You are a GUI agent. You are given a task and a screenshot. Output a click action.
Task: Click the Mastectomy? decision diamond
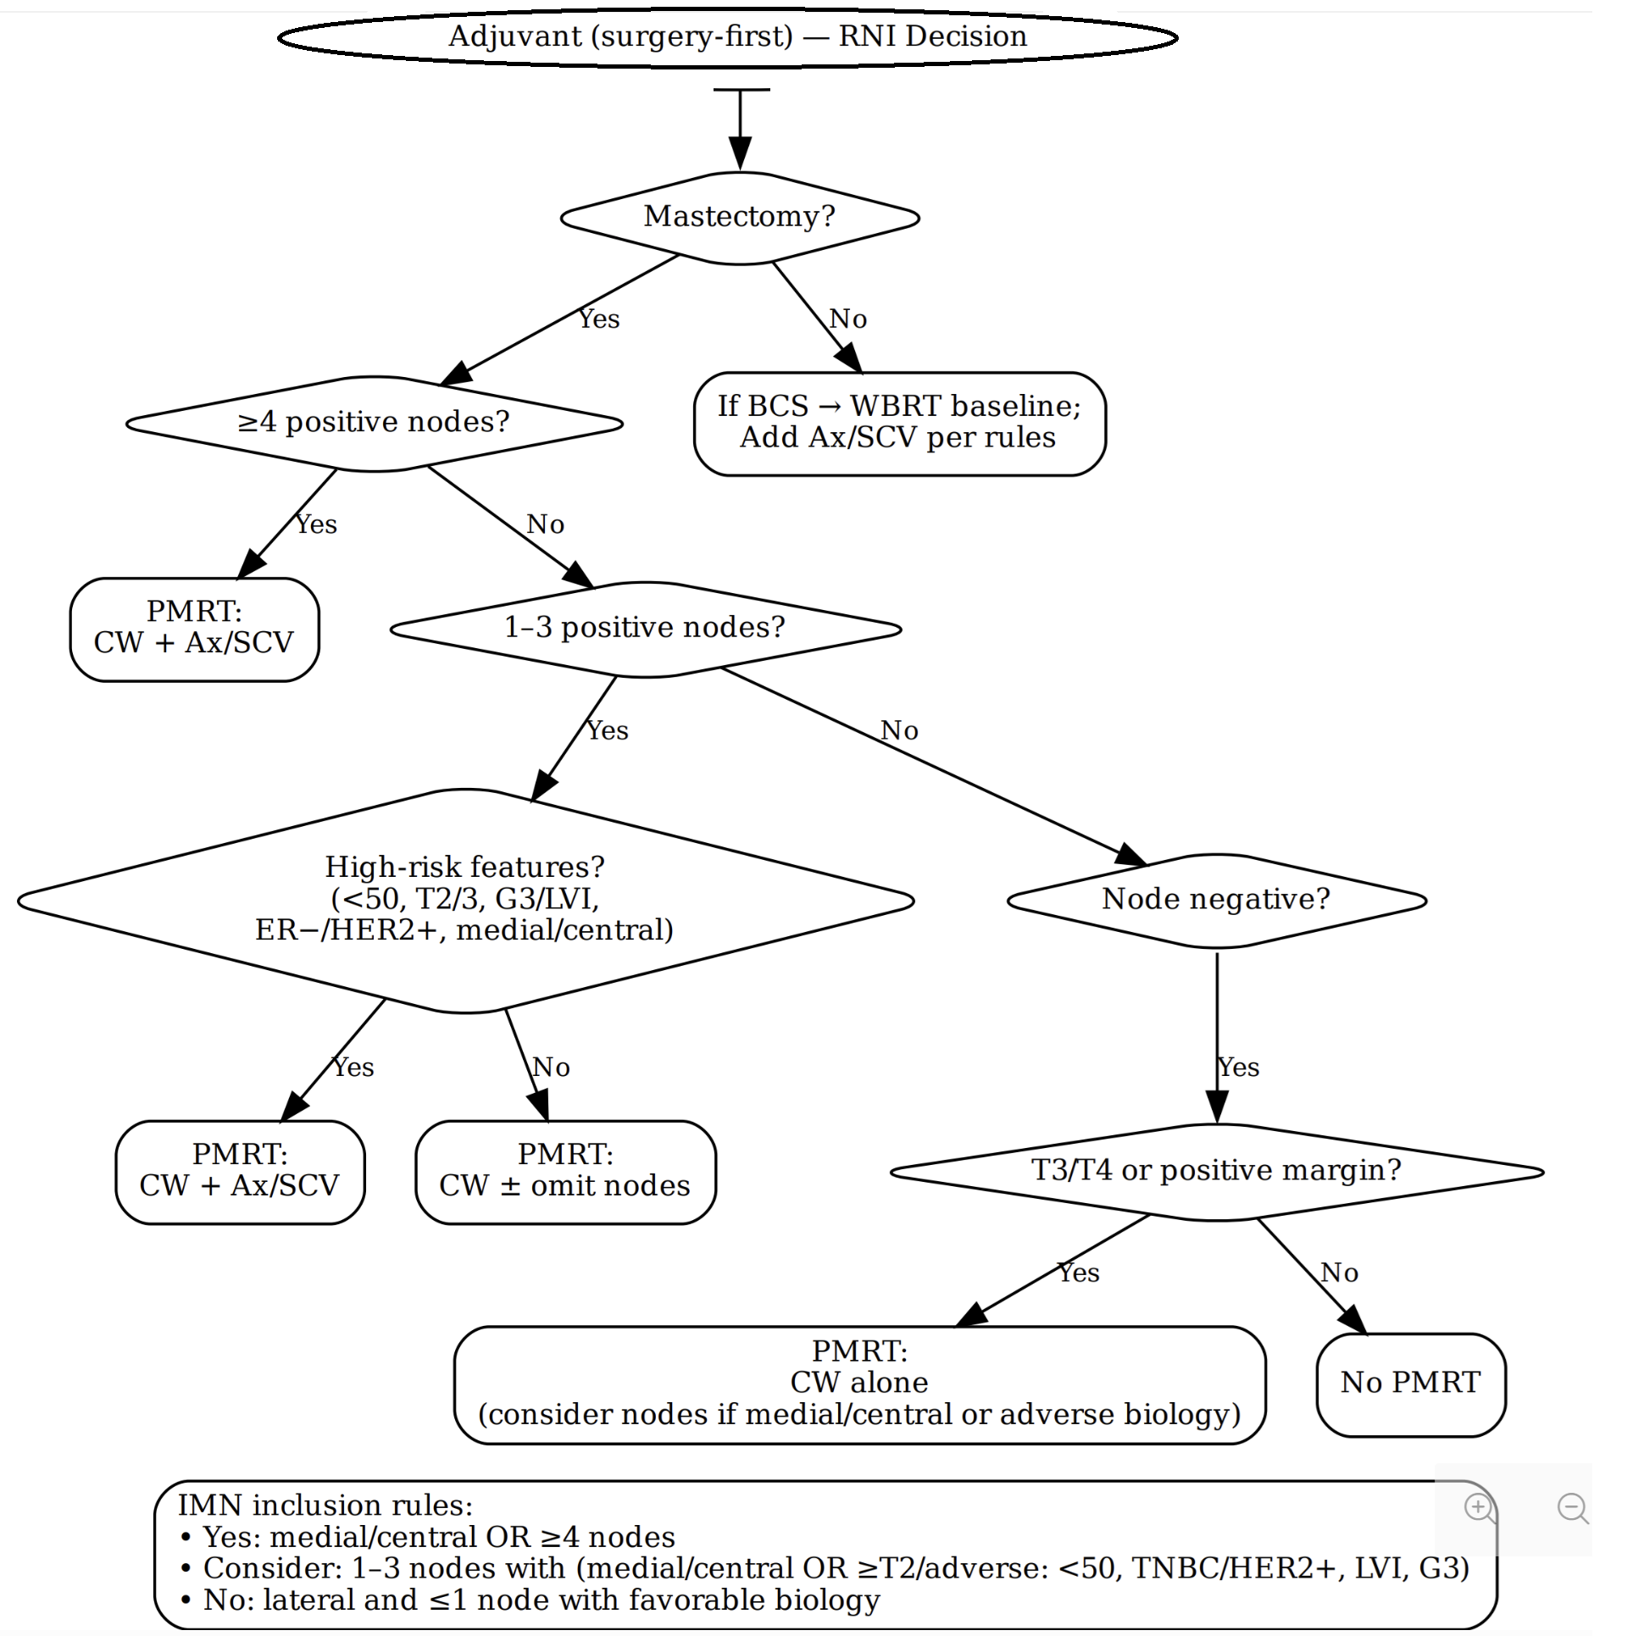coord(740,217)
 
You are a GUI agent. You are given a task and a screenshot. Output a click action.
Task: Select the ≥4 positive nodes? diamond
coord(374,423)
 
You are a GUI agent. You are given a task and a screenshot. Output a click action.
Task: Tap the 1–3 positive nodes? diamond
coord(645,628)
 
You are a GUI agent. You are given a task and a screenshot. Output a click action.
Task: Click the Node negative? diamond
coord(1216,899)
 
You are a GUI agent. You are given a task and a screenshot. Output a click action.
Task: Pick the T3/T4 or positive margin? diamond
coord(1216,1171)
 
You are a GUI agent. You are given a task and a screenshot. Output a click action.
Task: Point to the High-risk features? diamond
coord(464,899)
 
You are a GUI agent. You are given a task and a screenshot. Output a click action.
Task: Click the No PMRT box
coord(1410,1383)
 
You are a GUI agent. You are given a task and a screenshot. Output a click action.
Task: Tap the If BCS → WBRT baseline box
coord(899,423)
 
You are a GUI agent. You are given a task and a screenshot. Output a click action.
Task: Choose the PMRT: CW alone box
coord(859,1383)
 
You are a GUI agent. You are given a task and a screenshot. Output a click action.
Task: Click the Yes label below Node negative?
coord(1238,1067)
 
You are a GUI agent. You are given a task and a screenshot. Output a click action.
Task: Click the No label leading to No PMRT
coord(1339,1273)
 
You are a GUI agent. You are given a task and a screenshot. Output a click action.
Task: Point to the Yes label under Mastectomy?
coord(599,319)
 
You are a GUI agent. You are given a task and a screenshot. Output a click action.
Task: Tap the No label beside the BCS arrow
coord(847,319)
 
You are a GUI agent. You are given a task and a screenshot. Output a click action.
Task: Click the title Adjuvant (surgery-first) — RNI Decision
coord(737,36)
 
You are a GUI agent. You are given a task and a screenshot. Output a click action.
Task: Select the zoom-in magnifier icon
coord(1479,1508)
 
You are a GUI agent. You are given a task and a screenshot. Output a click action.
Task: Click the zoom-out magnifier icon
coord(1572,1508)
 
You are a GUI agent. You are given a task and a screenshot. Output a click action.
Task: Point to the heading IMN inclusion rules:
coord(325,1506)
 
